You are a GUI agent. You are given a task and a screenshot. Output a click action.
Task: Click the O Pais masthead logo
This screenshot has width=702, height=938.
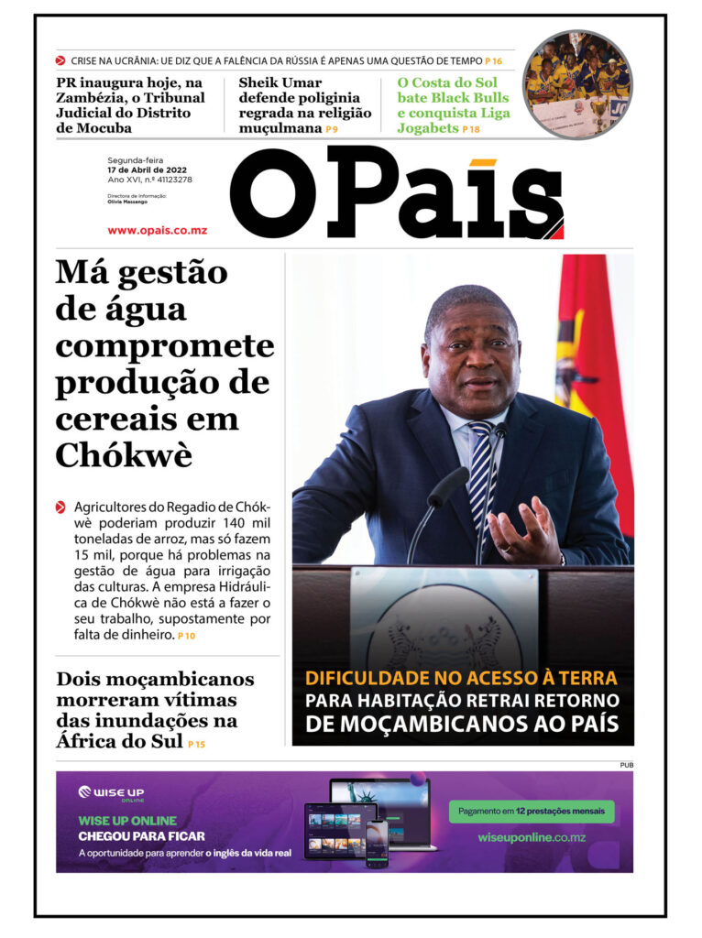[x=396, y=195]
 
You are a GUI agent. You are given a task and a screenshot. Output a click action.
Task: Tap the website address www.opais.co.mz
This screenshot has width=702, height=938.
[x=157, y=230]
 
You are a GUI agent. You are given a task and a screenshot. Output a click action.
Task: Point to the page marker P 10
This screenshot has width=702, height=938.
[x=187, y=636]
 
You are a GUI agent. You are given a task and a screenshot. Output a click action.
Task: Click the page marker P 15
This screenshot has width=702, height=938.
[x=196, y=745]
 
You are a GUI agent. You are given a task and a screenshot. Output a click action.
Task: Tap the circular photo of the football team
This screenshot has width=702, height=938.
[x=577, y=84]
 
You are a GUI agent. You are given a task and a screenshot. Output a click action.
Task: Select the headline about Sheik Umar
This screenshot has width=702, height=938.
[x=304, y=105]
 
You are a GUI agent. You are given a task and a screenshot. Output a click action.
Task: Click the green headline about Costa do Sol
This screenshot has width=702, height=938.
[x=453, y=105]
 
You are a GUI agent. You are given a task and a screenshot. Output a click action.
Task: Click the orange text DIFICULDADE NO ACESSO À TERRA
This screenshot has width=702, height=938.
[x=461, y=679]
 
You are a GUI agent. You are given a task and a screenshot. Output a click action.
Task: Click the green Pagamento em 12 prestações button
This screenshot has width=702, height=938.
[x=532, y=812]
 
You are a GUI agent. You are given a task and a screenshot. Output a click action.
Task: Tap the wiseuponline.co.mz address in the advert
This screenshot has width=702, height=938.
[x=532, y=838]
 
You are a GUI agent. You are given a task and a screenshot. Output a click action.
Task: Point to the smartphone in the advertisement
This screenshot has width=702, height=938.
[x=377, y=843]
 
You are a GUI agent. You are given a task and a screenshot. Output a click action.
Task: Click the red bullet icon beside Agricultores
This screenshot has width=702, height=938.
[x=60, y=507]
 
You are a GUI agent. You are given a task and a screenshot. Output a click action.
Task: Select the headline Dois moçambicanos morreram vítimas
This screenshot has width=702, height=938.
[x=154, y=710]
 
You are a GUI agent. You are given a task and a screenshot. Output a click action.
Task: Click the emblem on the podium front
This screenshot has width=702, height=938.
[x=444, y=632]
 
